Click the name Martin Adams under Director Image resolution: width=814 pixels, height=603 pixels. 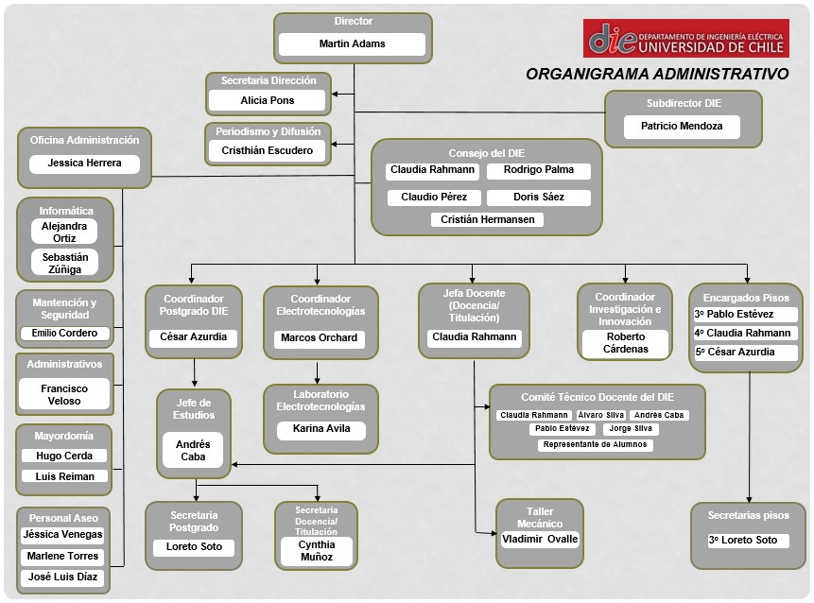pyautogui.click(x=352, y=43)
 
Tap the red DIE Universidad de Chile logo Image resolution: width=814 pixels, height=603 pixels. pyautogui.click(x=685, y=39)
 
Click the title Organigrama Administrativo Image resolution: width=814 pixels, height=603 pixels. pyautogui.click(x=657, y=75)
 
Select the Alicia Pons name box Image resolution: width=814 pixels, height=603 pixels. pyautogui.click(x=267, y=100)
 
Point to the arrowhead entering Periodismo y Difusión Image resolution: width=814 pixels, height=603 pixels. pyautogui.click(x=335, y=144)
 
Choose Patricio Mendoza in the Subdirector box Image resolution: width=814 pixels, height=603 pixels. pyautogui.click(x=682, y=126)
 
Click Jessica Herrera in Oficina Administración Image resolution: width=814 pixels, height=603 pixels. pyautogui.click(x=85, y=163)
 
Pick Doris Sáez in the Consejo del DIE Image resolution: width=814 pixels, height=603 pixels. pyautogui.click(x=538, y=197)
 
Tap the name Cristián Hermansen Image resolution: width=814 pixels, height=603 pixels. pyautogui.click(x=488, y=219)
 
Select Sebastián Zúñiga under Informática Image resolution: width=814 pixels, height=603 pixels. pyautogui.click(x=65, y=263)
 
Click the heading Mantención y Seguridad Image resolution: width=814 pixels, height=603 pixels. pyautogui.click(x=64, y=308)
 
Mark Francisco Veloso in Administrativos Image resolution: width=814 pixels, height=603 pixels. pyautogui.click(x=64, y=394)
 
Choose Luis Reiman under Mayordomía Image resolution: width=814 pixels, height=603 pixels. pyautogui.click(x=65, y=476)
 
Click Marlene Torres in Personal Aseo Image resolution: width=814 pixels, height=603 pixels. pyautogui.click(x=62, y=556)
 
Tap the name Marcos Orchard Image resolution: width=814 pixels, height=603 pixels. pyautogui.click(x=319, y=337)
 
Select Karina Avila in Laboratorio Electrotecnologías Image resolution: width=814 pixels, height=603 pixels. pyautogui.click(x=321, y=429)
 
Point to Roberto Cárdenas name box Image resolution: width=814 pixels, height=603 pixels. pyautogui.click(x=626, y=343)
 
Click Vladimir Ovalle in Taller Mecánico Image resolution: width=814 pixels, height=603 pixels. pyautogui.click(x=540, y=539)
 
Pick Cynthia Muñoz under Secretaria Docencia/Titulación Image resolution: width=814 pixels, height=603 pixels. pyautogui.click(x=317, y=551)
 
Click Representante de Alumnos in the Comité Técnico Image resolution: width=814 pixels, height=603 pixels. pyautogui.click(x=595, y=445)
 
